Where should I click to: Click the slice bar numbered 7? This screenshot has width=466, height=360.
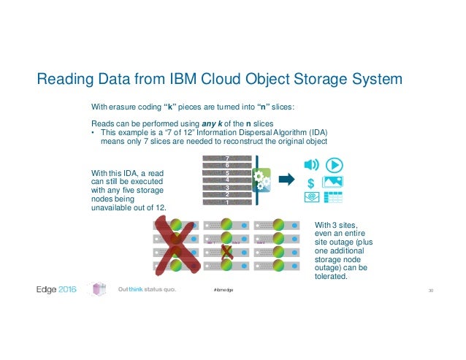point(227,158)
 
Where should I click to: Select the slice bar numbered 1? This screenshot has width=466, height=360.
point(227,202)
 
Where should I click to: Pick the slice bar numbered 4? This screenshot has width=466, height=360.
point(227,180)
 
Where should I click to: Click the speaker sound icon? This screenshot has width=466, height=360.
point(311,164)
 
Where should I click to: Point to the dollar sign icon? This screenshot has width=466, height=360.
point(311,181)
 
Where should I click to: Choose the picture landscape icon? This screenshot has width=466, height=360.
point(334,181)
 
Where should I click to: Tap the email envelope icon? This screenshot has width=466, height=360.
point(311,197)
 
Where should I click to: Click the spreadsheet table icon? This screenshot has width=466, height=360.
point(334,197)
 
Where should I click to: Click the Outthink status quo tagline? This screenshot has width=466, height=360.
point(146,291)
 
